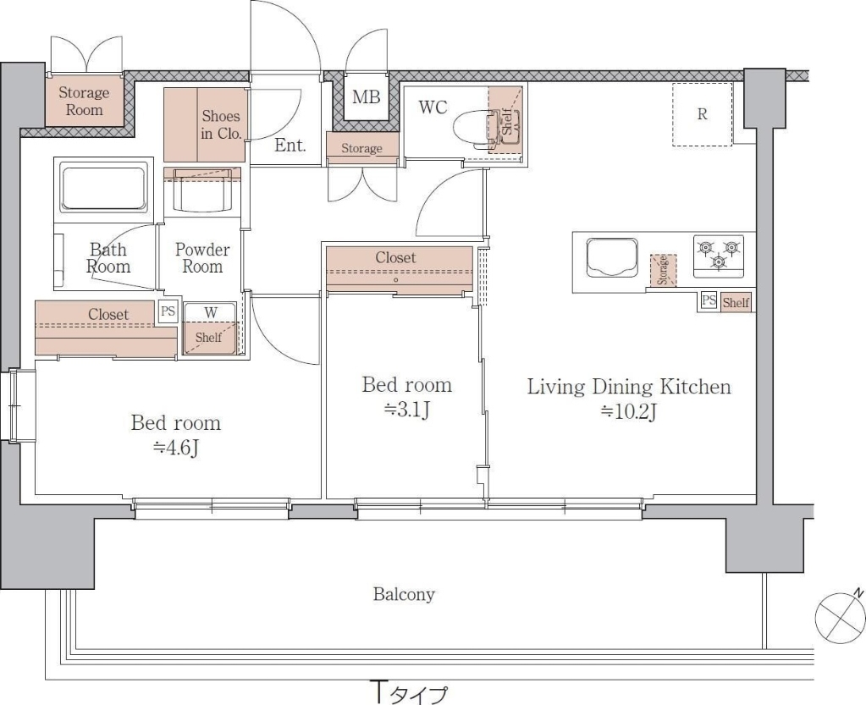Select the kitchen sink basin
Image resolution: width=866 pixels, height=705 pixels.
click(x=611, y=257)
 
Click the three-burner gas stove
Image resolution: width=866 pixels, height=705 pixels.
click(x=719, y=256)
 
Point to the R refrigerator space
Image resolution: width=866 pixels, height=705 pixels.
click(x=702, y=114)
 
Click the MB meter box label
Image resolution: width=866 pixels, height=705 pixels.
click(x=367, y=97)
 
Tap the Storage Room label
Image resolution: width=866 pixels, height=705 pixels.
click(x=84, y=101)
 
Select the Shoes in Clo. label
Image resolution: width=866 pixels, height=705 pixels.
click(x=221, y=124)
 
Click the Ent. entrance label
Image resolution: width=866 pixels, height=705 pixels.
click(x=290, y=146)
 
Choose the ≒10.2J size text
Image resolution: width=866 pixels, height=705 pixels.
click(x=628, y=411)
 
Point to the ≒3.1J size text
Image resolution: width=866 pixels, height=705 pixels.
click(x=407, y=410)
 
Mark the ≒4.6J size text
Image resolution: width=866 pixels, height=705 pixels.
click(x=175, y=448)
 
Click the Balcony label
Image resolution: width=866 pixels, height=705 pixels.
click(x=404, y=595)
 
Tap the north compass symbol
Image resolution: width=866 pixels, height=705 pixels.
click(x=840, y=618)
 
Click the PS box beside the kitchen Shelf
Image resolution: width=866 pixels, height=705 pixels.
click(x=709, y=301)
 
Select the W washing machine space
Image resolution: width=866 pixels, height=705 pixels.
click(x=211, y=328)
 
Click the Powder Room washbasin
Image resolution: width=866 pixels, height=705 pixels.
click(x=202, y=190)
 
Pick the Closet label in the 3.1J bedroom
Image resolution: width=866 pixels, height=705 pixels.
click(x=395, y=258)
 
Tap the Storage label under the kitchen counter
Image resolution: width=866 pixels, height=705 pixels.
click(x=663, y=270)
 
